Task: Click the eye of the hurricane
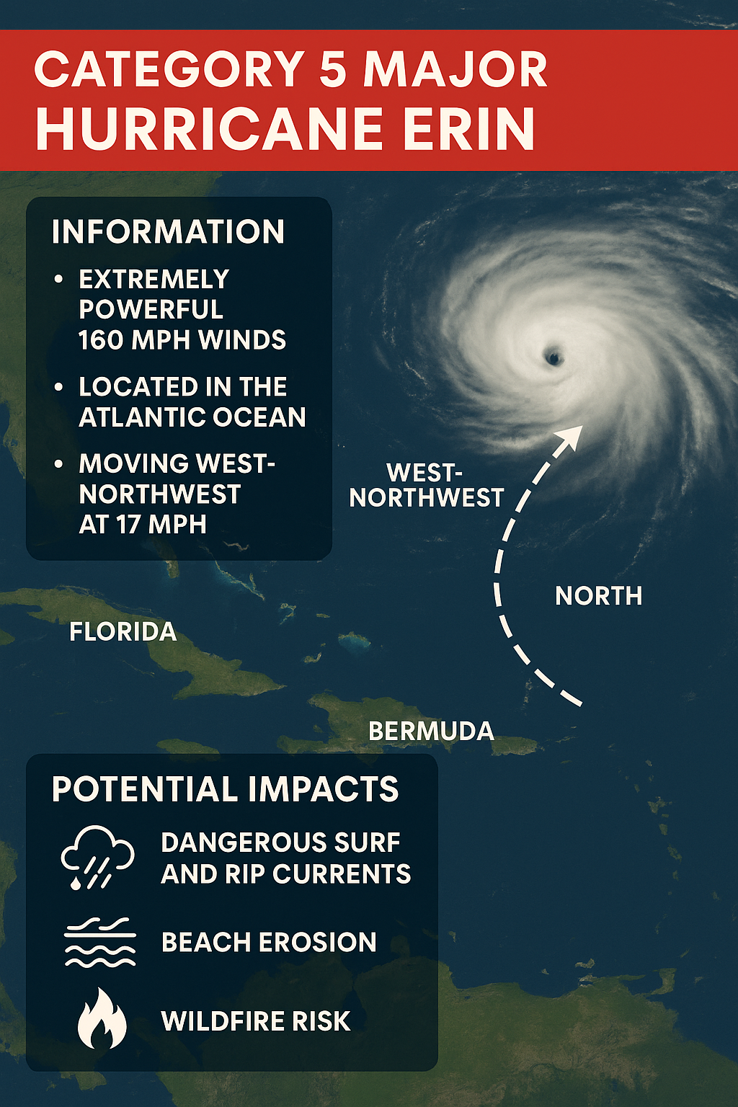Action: tap(553, 356)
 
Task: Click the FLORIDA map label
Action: tap(123, 632)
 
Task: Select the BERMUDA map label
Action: tap(431, 732)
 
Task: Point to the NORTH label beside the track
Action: tap(598, 596)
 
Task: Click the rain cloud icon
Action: tap(97, 858)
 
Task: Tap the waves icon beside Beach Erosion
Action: tap(99, 942)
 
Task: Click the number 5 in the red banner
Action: tap(333, 70)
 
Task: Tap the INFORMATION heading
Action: tap(168, 232)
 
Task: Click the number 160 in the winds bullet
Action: tap(102, 340)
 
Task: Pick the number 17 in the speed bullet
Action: tap(128, 525)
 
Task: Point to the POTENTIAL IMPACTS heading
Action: tap(225, 789)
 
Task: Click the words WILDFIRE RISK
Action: tap(256, 1021)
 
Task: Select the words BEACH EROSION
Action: tap(269, 943)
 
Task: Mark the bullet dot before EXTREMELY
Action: tap(59, 279)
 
